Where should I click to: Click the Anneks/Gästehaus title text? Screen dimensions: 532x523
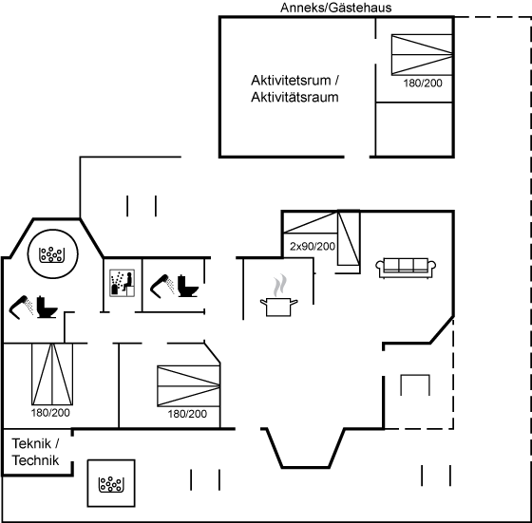[x=335, y=8]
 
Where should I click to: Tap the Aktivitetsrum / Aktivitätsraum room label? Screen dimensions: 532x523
[x=294, y=89]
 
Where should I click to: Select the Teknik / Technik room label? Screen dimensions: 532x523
[x=35, y=452]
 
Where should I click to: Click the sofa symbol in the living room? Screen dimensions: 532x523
[x=406, y=268]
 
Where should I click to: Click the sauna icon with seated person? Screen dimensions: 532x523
[x=123, y=283]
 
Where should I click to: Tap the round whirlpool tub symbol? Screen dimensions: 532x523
[x=52, y=253]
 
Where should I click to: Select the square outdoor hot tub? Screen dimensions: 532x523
[x=111, y=483]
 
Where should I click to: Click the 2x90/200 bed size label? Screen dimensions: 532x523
[x=313, y=246]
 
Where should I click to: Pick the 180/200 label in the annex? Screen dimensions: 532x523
[x=423, y=83]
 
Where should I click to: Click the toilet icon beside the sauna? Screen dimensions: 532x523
[x=188, y=286]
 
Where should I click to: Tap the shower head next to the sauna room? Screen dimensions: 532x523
[x=162, y=286]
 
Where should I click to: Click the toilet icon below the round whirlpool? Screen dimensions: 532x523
[x=47, y=307]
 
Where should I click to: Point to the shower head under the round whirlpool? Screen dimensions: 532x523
[x=21, y=308]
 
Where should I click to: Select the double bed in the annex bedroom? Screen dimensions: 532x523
[x=422, y=54]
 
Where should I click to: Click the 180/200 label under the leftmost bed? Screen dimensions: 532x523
[x=50, y=413]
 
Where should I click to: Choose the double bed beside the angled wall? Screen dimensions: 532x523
[x=189, y=386]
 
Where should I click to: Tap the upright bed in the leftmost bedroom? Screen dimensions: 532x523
[x=52, y=374]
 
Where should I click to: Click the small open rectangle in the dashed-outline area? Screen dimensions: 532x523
[x=415, y=375]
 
